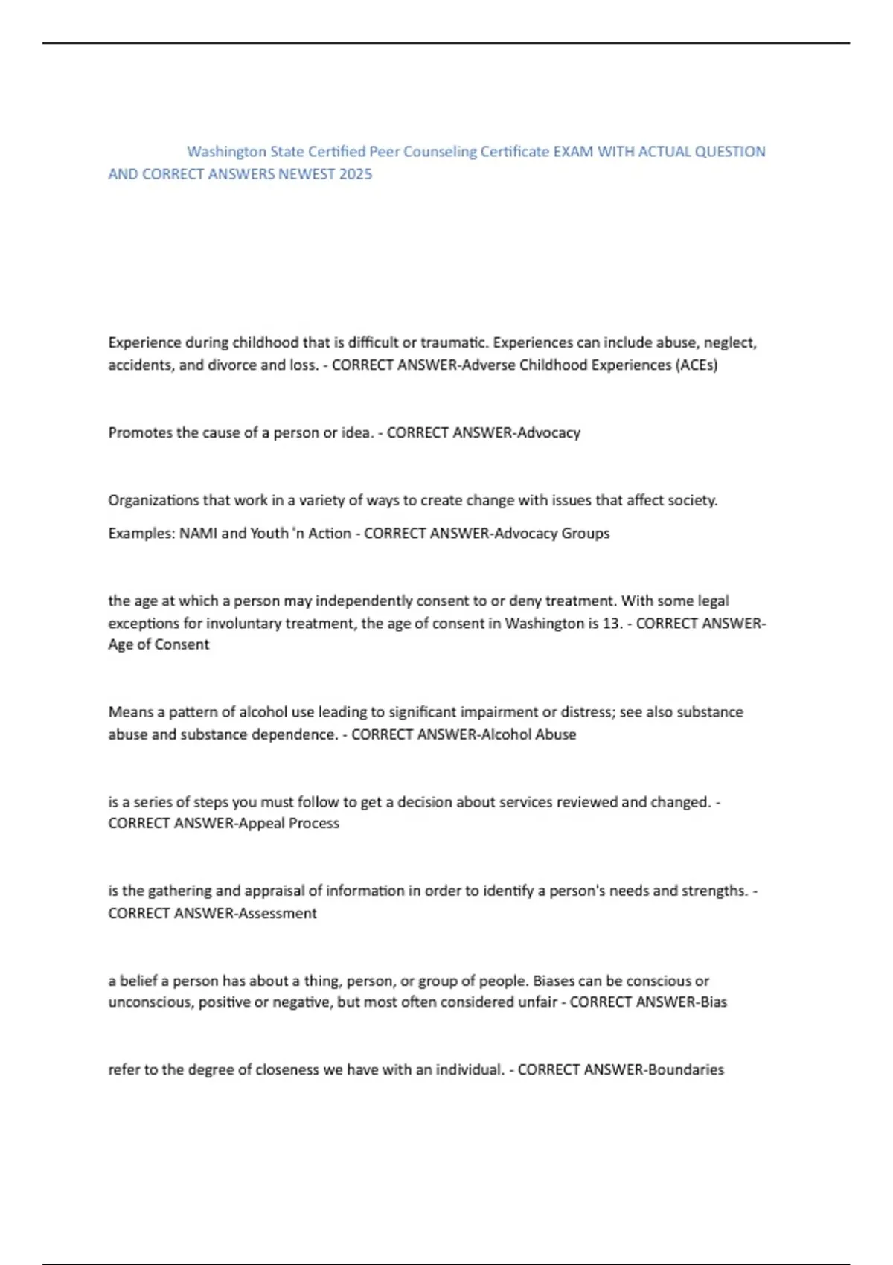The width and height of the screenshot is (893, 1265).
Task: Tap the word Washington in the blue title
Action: coord(226,152)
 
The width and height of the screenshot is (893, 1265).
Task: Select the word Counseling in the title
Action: coord(440,152)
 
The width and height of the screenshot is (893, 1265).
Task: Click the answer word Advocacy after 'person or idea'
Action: coord(548,433)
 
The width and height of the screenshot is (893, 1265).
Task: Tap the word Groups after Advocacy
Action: coord(586,534)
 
